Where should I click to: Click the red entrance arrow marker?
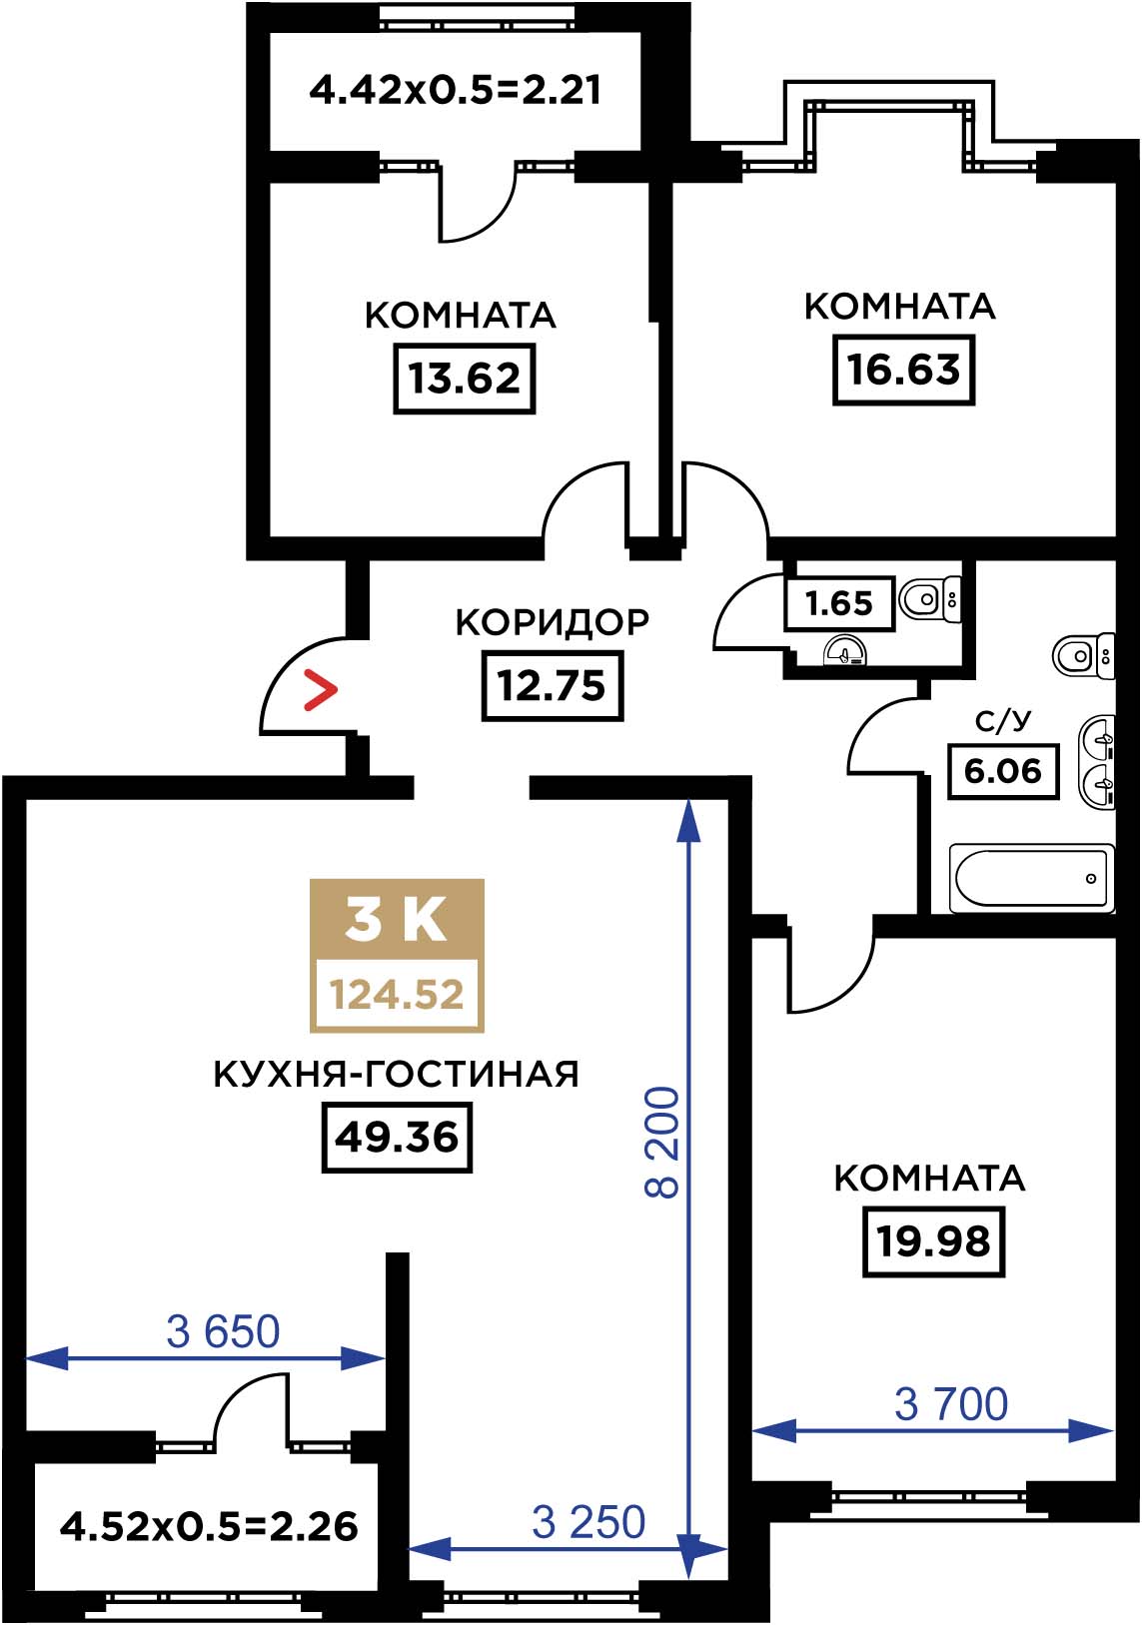(x=321, y=690)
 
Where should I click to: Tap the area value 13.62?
(x=465, y=379)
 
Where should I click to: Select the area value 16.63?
(x=903, y=370)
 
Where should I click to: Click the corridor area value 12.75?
(x=553, y=685)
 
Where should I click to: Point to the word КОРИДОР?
(x=553, y=622)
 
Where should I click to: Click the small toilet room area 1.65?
(x=838, y=603)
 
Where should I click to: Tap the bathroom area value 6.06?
(x=1003, y=771)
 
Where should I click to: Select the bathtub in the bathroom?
(x=1031, y=879)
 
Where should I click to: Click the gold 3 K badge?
(x=397, y=955)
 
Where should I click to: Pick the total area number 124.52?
(x=397, y=994)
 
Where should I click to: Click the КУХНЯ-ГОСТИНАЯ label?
(x=396, y=1075)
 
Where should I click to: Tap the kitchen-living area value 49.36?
(x=397, y=1137)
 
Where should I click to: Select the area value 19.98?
(x=934, y=1241)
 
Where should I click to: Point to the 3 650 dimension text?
(x=224, y=1332)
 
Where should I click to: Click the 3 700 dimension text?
(x=951, y=1404)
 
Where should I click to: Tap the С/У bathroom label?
(x=1003, y=722)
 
